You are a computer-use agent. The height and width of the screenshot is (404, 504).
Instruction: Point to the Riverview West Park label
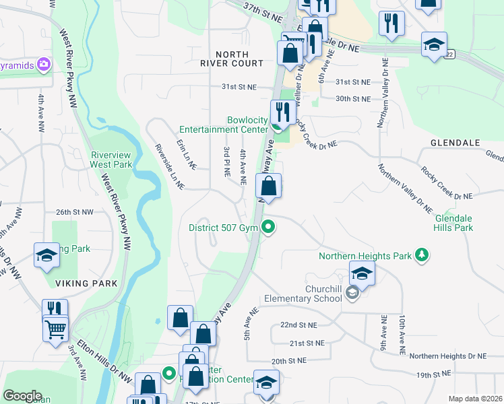112,159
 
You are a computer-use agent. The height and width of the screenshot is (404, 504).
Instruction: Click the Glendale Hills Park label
453,224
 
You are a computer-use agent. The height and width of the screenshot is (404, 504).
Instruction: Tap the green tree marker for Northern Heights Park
422,255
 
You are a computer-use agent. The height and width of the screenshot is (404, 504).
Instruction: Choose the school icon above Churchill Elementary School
361,273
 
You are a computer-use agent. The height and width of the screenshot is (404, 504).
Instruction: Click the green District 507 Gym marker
269,228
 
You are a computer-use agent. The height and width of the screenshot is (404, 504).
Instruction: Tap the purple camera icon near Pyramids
44,65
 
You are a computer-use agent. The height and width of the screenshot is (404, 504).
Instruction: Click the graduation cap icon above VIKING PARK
46,255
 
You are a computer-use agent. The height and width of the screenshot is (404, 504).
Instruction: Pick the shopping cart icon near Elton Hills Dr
56,329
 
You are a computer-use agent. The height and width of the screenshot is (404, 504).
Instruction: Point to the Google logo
22,396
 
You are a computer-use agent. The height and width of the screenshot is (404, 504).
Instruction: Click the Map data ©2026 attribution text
475,399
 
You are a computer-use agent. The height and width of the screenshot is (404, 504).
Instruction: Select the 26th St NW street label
74,212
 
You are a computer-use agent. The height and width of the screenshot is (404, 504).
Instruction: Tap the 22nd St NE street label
298,325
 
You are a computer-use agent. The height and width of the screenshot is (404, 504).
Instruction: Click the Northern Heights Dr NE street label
447,356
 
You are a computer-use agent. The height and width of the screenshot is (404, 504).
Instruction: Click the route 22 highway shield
449,54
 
